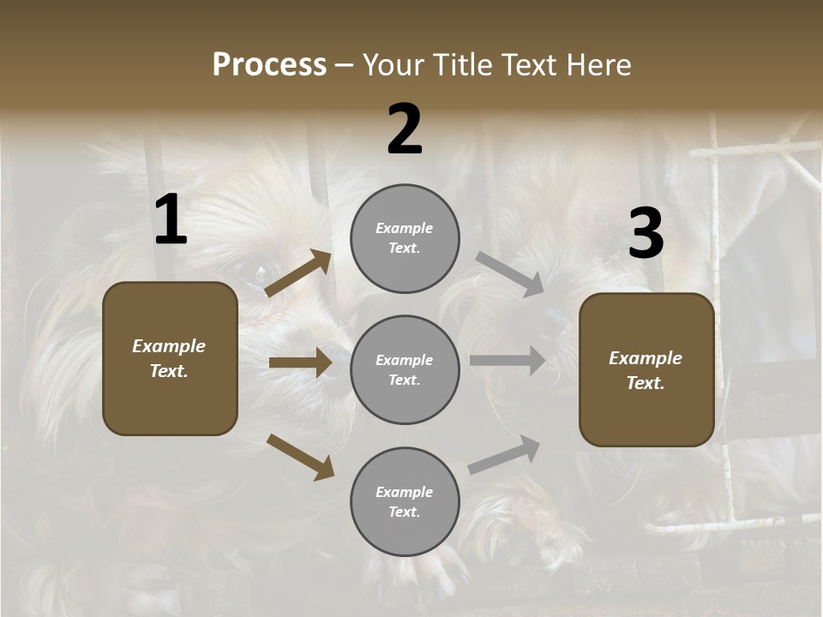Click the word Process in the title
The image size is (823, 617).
[269, 65]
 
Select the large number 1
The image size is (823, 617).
[171, 221]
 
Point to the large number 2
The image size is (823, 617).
[405, 130]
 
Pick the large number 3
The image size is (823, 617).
[646, 234]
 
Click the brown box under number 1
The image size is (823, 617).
[170, 358]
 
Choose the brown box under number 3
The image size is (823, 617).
[646, 370]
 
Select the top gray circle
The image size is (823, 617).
[405, 238]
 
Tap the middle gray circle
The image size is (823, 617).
[405, 370]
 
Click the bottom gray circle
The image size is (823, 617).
[405, 502]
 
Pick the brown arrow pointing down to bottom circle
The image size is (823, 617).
[300, 457]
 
